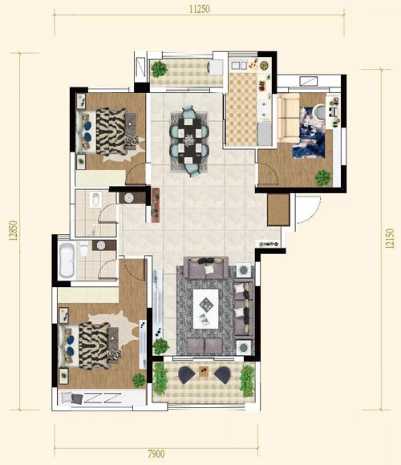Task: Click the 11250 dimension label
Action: click(200, 9)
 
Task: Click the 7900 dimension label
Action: click(156, 454)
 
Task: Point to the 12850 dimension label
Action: click(14, 230)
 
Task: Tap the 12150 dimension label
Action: click(391, 238)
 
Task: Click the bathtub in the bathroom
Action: click(67, 260)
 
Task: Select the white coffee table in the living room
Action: click(205, 309)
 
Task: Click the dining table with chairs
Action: click(189, 141)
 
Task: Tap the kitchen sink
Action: click(239, 65)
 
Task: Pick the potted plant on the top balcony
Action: click(160, 69)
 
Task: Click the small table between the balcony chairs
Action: click(204, 371)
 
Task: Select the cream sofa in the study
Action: click(288, 117)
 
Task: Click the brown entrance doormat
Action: click(278, 210)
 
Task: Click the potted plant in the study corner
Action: click(323, 178)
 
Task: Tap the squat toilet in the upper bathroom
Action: click(95, 200)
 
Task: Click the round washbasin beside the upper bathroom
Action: click(129, 198)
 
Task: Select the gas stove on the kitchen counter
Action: click(264, 109)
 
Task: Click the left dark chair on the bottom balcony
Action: click(186, 375)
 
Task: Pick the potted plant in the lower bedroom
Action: click(139, 381)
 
